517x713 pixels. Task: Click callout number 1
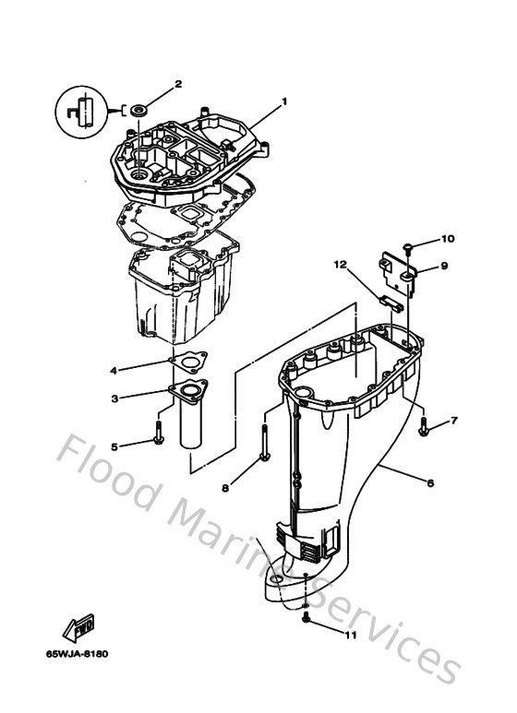tap(284, 101)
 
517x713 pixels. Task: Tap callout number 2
tap(178, 84)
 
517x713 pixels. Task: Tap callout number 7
tap(453, 422)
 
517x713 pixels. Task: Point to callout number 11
tap(348, 635)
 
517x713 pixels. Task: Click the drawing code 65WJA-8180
tap(77, 654)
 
